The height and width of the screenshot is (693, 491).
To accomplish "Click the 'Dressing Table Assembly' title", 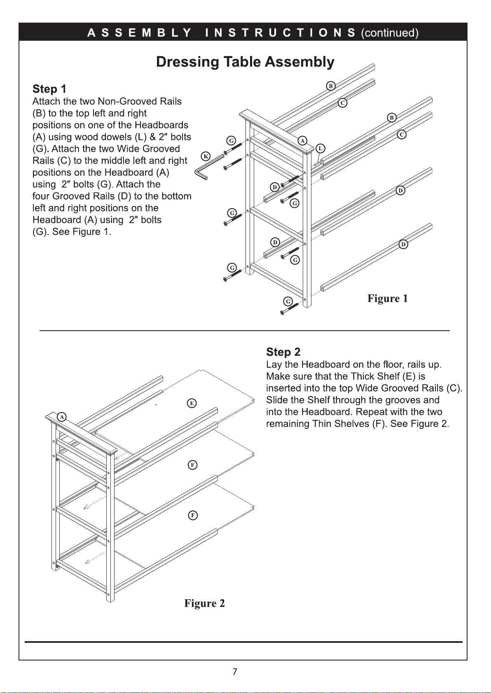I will pos(245,62).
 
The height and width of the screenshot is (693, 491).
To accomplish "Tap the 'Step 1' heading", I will pos(49,89).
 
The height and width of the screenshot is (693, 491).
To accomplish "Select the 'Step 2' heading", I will pos(283,352).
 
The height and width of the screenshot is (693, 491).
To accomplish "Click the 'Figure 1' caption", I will pos(387,299).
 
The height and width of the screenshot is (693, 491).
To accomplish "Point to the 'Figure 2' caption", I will pos(204,603).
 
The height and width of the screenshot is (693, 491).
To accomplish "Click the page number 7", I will pos(235,672).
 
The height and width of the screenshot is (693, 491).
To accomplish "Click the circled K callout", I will pos(206,156).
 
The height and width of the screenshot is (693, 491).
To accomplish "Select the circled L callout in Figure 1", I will pos(320,148).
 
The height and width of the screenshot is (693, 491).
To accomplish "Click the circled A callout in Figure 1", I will pos(303,140).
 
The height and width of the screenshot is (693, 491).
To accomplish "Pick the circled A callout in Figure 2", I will pos(61,417).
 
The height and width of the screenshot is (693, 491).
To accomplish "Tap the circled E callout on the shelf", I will pos(192,403).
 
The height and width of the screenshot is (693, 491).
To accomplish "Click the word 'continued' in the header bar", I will pos(389,33).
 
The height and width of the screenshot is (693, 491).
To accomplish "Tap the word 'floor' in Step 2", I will pos(393,364).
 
